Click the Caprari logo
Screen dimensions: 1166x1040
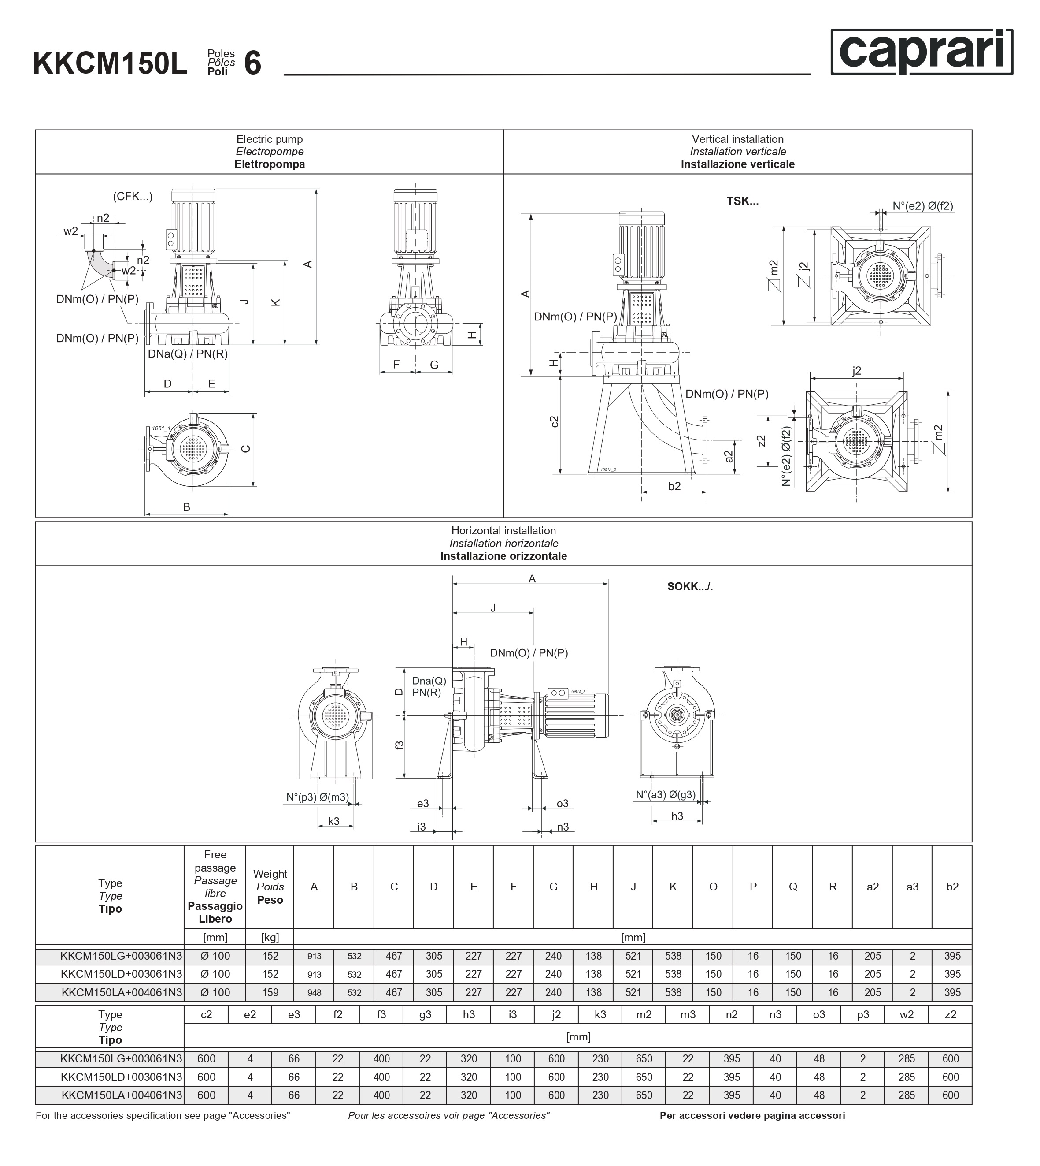[x=921, y=52]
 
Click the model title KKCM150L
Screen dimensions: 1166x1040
[x=110, y=63]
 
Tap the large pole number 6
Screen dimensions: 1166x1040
[x=252, y=63]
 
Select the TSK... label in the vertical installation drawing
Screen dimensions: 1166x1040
[x=742, y=201]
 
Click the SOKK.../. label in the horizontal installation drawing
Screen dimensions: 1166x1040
[x=690, y=587]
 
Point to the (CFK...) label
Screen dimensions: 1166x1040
[x=133, y=197]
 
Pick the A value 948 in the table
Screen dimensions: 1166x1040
[x=314, y=993]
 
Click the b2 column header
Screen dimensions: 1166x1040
[x=952, y=887]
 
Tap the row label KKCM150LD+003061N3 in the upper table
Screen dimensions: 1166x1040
[x=121, y=974]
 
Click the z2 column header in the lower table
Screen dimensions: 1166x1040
[x=950, y=1015]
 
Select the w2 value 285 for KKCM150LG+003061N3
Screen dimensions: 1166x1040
[x=906, y=1059]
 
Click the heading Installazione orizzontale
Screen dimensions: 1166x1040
[x=503, y=556]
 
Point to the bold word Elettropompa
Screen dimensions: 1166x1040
[x=269, y=165]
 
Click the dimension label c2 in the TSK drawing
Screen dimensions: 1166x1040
[x=554, y=422]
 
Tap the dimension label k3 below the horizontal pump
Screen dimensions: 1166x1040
[x=334, y=822]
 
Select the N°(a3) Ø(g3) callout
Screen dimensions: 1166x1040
[x=666, y=795]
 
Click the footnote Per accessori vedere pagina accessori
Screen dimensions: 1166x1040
[x=752, y=1116]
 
